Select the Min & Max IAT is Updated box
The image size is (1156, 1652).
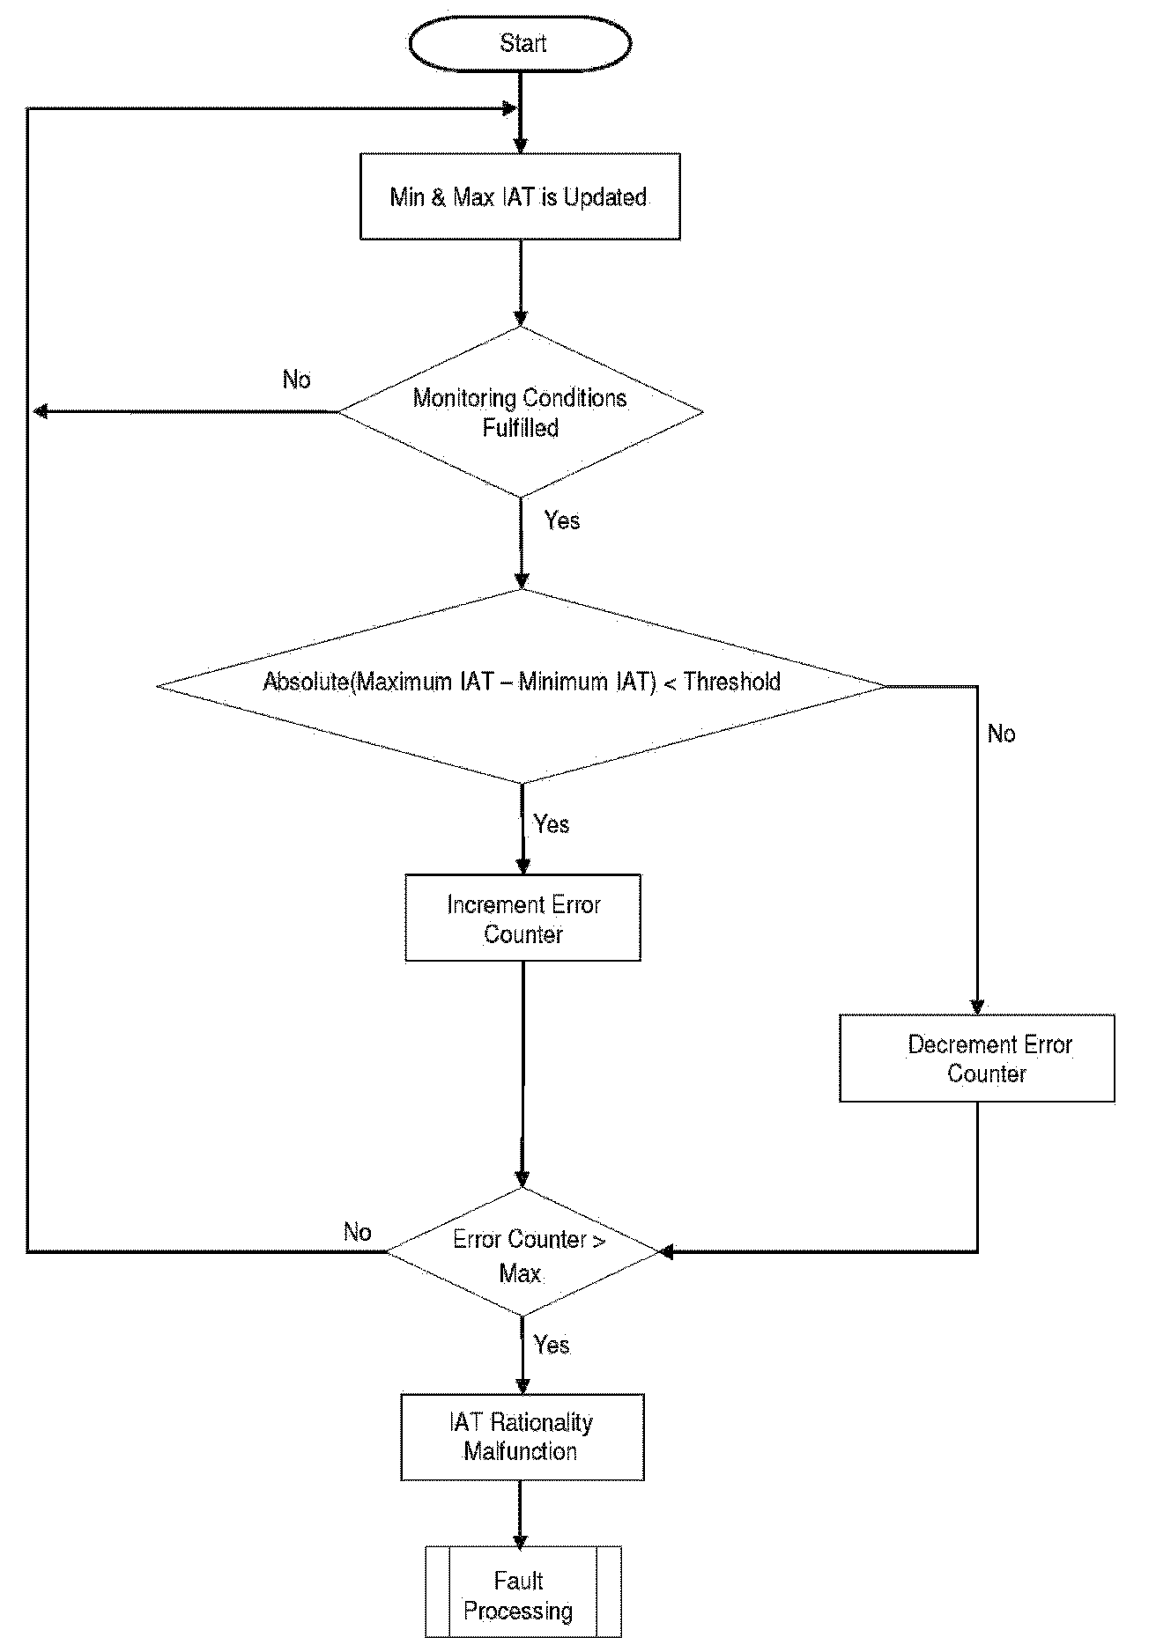click(520, 196)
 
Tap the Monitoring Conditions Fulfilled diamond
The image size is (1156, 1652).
click(521, 412)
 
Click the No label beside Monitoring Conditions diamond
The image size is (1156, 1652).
click(297, 380)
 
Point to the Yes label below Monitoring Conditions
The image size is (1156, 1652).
click(562, 520)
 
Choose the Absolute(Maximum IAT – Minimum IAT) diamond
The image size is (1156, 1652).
click(521, 685)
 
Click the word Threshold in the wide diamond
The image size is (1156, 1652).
click(732, 682)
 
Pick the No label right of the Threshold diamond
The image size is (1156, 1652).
click(1001, 734)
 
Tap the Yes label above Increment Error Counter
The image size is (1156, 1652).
click(552, 824)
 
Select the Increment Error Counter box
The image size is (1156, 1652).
click(522, 918)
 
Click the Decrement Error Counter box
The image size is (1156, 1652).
click(977, 1058)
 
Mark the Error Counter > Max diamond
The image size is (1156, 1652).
click(523, 1252)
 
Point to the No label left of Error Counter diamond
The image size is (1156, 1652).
click(357, 1232)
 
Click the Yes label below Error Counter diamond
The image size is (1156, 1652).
click(552, 1345)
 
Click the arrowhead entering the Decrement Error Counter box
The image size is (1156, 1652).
click(976, 1007)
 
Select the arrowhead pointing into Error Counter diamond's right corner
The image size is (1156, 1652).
click(666, 1251)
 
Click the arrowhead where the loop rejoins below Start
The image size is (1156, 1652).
click(509, 108)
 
